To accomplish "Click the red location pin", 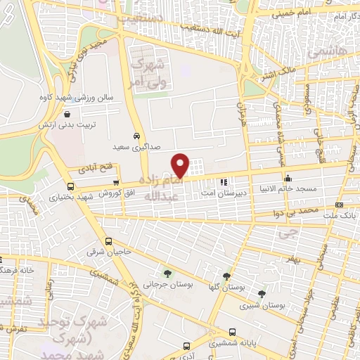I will pyautogui.click(x=181, y=165).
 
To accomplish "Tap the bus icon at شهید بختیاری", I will pyautogui.click(x=70, y=186).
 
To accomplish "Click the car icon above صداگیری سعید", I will pyautogui.click(x=136, y=136).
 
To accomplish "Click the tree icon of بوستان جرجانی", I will pyautogui.click(x=167, y=273).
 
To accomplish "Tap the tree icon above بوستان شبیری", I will pyautogui.click(x=262, y=294).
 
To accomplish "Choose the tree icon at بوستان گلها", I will pyautogui.click(x=226, y=276).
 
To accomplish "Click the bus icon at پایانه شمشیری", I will pyautogui.click(x=232, y=333).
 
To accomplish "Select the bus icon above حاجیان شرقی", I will pyautogui.click(x=107, y=240).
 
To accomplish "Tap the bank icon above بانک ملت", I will pyautogui.click(x=340, y=205).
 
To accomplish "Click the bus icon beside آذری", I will pyautogui.click(x=186, y=346).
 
